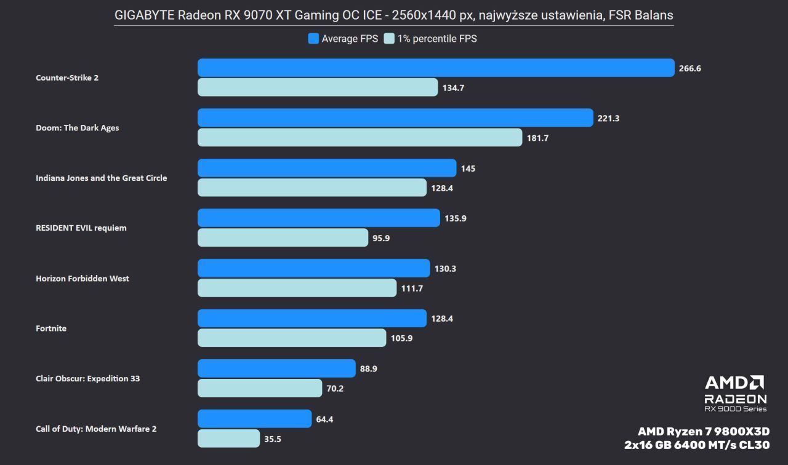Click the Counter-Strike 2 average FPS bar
[x=436, y=68]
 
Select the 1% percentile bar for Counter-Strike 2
[x=318, y=87]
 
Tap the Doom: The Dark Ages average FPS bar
[x=395, y=118]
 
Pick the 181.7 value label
[x=537, y=138]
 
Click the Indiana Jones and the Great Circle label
[x=102, y=178]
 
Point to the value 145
[x=468, y=169]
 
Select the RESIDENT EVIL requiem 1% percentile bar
[x=283, y=237]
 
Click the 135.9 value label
[x=456, y=218]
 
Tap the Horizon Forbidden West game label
[x=82, y=278]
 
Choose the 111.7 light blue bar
[x=297, y=288]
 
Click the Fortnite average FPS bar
[x=312, y=319]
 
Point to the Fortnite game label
[x=51, y=328]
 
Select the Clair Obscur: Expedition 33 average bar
[x=276, y=368]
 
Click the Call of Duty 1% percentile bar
[x=228, y=439]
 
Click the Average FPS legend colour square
[x=313, y=39]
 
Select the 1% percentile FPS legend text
[x=436, y=39]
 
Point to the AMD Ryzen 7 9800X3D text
[x=704, y=431]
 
